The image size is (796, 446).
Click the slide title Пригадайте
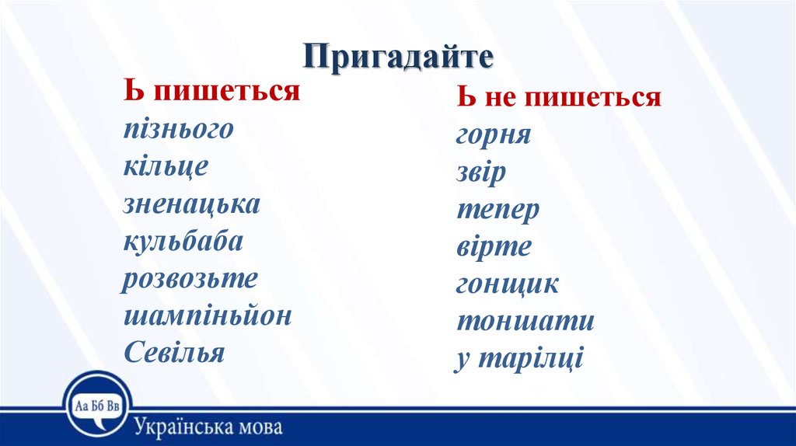399,56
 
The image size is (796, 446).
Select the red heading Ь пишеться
211,91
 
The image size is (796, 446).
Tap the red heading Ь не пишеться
559,96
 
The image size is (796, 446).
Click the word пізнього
179,129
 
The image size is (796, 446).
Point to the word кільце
166,166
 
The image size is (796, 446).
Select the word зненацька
192,204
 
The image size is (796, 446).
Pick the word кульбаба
183,242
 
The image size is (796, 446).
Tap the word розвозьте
190,279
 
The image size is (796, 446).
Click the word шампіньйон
208,315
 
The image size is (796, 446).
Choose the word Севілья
174,352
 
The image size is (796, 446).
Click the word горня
494,135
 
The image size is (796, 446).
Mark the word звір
481,172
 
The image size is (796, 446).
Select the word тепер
498,210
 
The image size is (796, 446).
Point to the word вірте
494,246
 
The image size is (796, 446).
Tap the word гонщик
507,284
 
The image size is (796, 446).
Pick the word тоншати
525,321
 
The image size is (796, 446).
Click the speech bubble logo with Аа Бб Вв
97,405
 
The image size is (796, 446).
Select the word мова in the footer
259,427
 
